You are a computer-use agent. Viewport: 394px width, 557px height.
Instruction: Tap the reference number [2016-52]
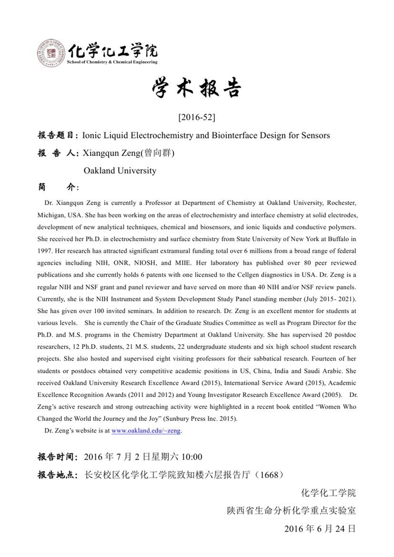click(196, 118)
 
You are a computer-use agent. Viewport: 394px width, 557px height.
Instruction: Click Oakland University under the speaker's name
click(120, 170)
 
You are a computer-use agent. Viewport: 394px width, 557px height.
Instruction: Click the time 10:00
click(191, 457)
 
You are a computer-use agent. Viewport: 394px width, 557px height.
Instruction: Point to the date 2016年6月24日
click(320, 529)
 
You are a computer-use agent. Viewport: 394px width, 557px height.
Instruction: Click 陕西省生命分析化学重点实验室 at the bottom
click(291, 511)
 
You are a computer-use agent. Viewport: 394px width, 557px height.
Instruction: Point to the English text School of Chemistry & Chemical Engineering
click(112, 62)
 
